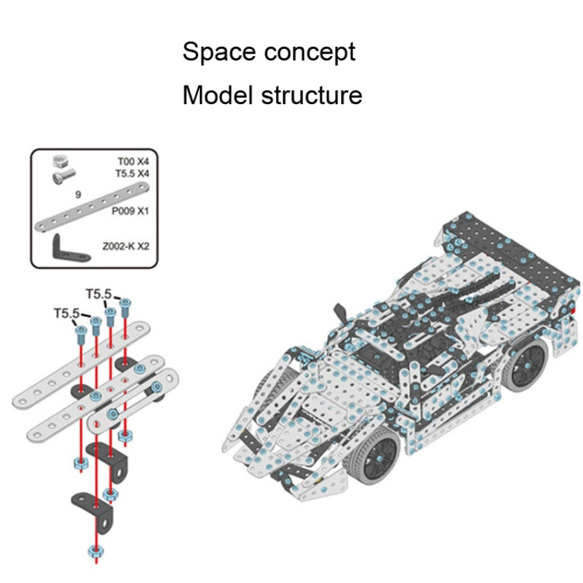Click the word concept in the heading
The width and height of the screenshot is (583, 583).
click(x=309, y=53)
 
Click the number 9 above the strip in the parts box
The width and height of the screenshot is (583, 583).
click(x=79, y=195)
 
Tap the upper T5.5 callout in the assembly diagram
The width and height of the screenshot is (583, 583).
click(x=99, y=293)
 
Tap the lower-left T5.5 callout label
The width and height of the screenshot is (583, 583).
click(x=66, y=313)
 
